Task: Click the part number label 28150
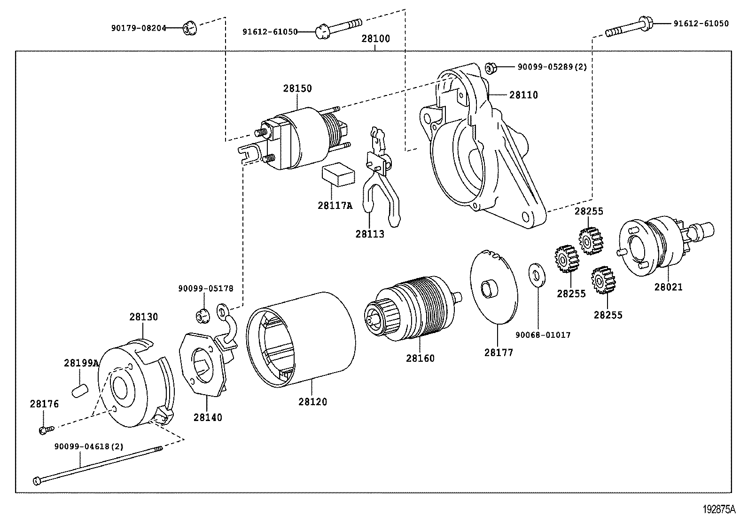tap(297, 88)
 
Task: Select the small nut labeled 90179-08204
tap(189, 29)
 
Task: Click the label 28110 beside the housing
tap(523, 95)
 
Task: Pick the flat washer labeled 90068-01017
tap(536, 275)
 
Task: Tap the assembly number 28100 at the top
tap(375, 39)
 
